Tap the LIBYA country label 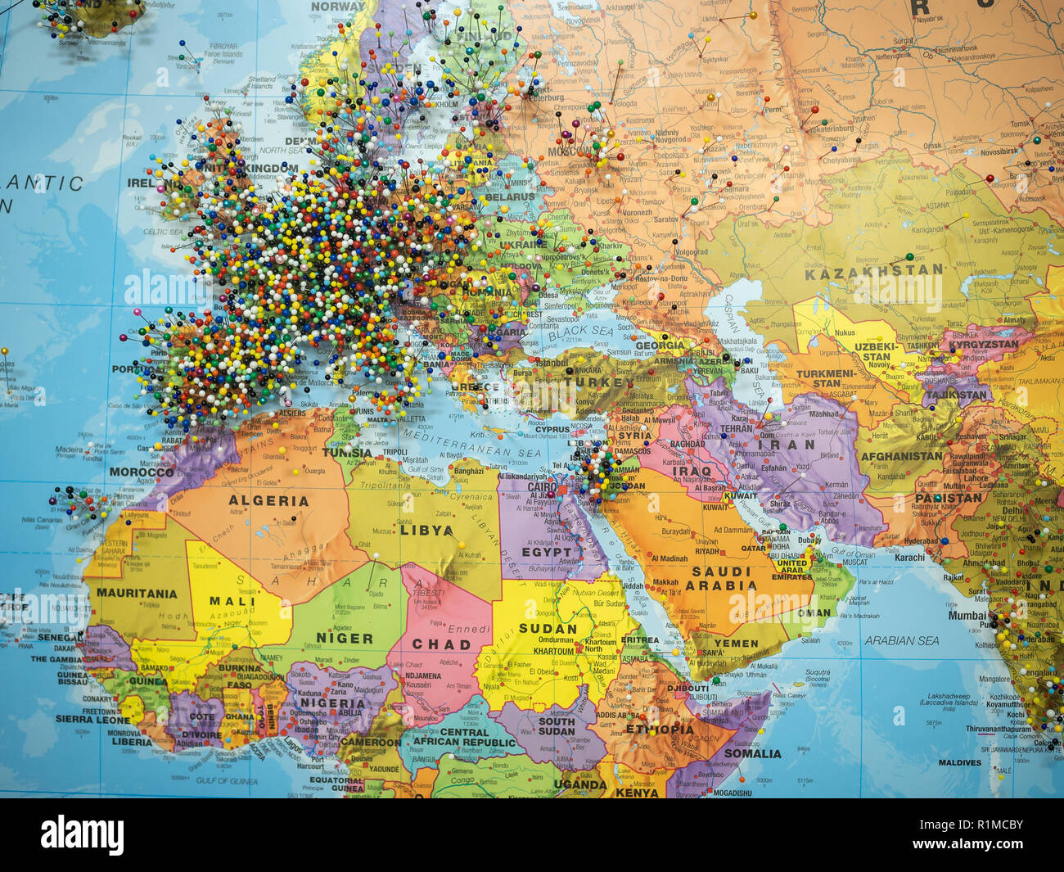426,531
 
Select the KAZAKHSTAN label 873,272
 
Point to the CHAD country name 441,644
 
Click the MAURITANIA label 137,594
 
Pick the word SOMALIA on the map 752,753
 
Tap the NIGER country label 345,639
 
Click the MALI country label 232,601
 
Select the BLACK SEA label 581,330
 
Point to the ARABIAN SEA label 902,641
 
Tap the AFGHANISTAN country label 901,456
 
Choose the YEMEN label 736,644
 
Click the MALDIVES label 959,763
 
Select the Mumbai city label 967,615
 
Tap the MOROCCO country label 142,472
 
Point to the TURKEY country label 605,382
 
